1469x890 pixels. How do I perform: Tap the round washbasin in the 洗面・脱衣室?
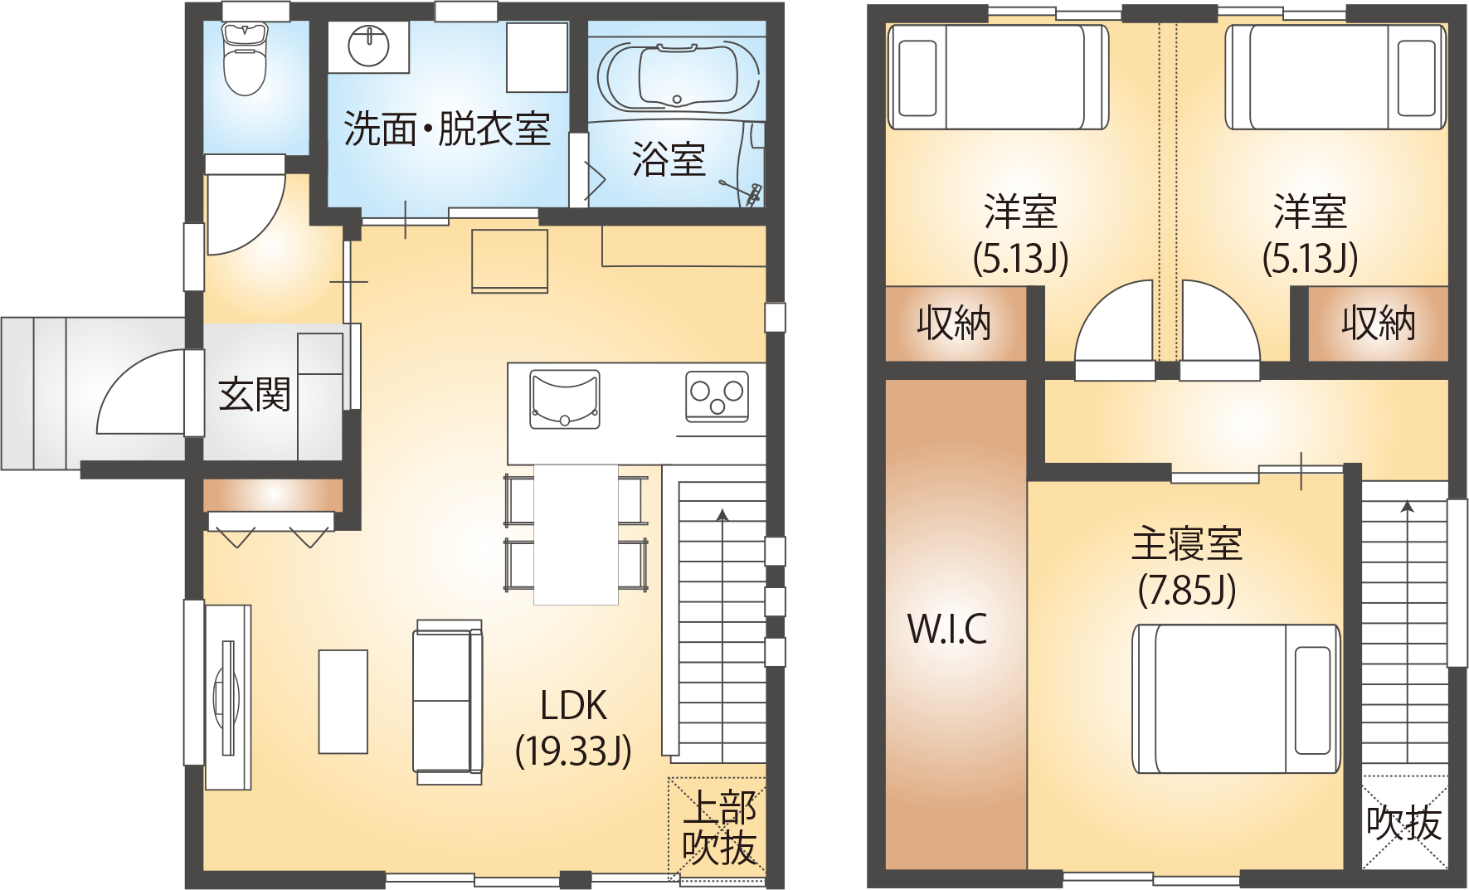pyautogui.click(x=368, y=46)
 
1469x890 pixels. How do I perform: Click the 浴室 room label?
pyautogui.click(x=669, y=158)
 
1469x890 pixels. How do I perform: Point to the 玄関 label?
pyautogui.click(x=255, y=395)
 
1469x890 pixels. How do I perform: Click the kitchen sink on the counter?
pyautogui.click(x=565, y=399)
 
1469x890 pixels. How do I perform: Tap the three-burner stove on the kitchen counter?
pyautogui.click(x=717, y=396)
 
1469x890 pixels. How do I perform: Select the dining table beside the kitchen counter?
pyautogui.click(x=576, y=534)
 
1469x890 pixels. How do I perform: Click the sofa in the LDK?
pyautogui.click(x=448, y=702)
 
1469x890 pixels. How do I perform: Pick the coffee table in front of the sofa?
pyautogui.click(x=343, y=702)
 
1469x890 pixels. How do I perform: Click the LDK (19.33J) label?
pyautogui.click(x=573, y=728)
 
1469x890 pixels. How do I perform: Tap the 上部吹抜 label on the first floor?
pyautogui.click(x=719, y=828)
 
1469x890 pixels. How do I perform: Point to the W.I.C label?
pyautogui.click(x=947, y=629)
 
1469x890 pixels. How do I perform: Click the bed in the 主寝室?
pyautogui.click(x=1236, y=698)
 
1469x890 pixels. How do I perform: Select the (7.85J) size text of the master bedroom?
pyautogui.click(x=1187, y=591)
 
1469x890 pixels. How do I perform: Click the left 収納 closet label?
pyautogui.click(x=954, y=323)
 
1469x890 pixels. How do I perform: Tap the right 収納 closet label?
pyautogui.click(x=1379, y=323)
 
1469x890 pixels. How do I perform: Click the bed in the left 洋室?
pyautogui.click(x=999, y=77)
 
